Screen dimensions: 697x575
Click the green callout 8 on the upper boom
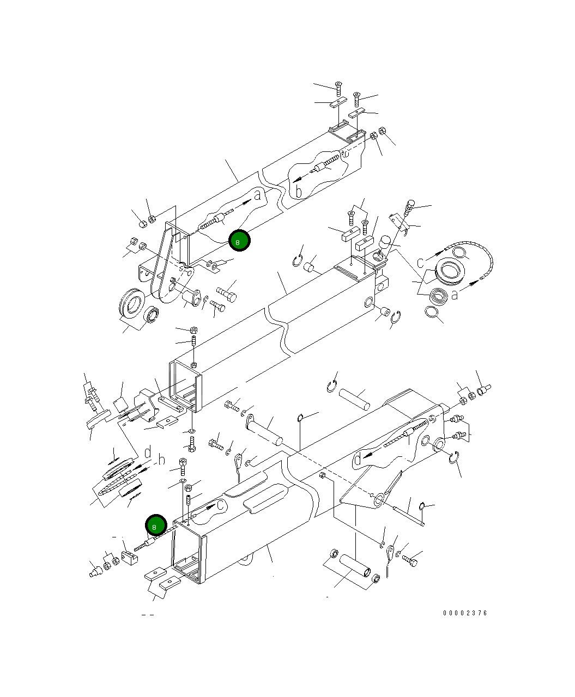239,241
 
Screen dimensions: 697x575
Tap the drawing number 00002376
465,613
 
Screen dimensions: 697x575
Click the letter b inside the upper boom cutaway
298,191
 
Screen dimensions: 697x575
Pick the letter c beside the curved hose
421,262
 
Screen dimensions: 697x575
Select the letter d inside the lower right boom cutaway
358,459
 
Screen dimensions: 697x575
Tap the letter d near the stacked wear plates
147,452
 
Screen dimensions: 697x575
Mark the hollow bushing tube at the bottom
356,568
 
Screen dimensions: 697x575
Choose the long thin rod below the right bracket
408,512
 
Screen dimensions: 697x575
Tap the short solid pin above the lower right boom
354,398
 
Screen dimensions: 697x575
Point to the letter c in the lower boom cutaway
220,505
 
